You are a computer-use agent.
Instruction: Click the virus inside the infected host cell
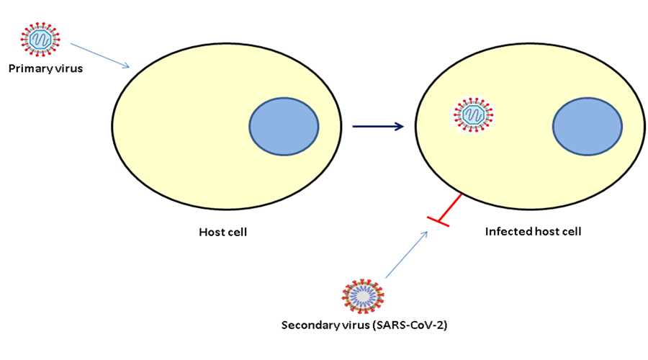(473, 114)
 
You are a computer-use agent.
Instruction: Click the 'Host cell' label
(222, 233)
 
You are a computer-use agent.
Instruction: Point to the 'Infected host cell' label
(533, 232)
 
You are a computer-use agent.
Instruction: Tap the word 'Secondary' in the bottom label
(308, 325)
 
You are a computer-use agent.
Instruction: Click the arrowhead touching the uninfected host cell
(127, 67)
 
